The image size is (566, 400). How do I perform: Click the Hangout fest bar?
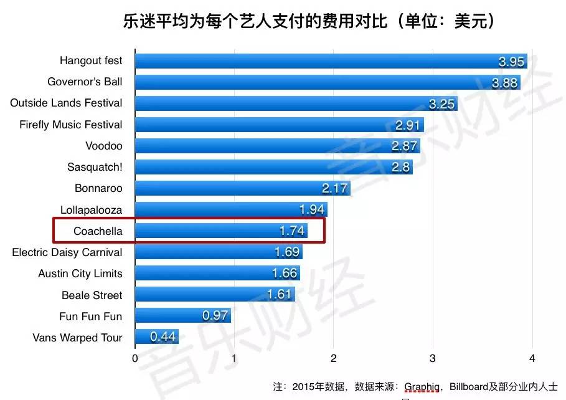pyautogui.click(x=330, y=61)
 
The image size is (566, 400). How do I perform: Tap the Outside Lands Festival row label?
pyautogui.click(x=66, y=103)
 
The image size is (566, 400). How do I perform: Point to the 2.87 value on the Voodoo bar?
pyautogui.click(x=405, y=146)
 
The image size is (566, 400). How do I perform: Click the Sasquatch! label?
pyautogui.click(x=95, y=167)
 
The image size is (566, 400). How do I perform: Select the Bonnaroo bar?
pyautogui.click(x=242, y=188)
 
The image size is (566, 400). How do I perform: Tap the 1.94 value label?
pyautogui.click(x=312, y=210)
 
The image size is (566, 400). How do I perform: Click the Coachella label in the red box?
pyautogui.click(x=98, y=231)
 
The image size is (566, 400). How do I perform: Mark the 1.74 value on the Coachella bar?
pyautogui.click(x=292, y=231)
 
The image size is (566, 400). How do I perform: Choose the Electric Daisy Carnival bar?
pyautogui.click(x=219, y=252)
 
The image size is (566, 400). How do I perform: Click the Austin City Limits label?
pyautogui.click(x=80, y=274)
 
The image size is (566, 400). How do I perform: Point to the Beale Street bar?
pyautogui.click(x=215, y=295)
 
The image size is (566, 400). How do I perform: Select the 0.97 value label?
pyautogui.click(x=215, y=316)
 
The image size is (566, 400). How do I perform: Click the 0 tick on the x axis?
pyautogui.click(x=135, y=359)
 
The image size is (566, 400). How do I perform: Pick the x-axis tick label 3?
pyautogui.click(x=433, y=359)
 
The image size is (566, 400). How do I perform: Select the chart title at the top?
pyautogui.click(x=309, y=22)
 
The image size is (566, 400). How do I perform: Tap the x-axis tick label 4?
pyautogui.click(x=532, y=359)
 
